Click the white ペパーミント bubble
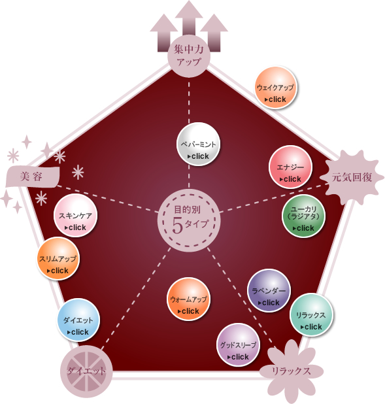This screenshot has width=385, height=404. tap(198, 144)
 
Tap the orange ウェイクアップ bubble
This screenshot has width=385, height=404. tap(275, 88)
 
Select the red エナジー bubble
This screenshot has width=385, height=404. tap(290, 167)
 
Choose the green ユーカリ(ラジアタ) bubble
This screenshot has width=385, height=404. tap(303, 216)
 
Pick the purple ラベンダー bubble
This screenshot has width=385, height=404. tap(269, 291)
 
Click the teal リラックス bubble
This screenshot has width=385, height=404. tap(311, 314)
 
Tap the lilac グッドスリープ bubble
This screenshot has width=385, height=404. tap(238, 345)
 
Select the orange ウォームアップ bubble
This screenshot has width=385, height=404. tap(188, 299)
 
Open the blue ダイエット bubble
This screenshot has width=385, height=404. tap(78, 320)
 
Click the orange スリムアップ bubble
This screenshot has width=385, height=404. tap(58, 259)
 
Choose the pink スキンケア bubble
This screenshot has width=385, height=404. tap(75, 215)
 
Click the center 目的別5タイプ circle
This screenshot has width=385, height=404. tap(189, 220)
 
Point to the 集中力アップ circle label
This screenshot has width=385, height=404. tap(189, 56)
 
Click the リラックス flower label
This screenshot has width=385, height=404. tap(291, 371)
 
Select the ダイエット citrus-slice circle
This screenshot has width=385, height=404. tap(86, 371)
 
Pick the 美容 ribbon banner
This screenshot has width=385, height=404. tap(33, 177)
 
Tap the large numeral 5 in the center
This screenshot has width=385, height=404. tap(177, 226)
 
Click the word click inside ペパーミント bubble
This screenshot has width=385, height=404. tap(200, 156)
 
